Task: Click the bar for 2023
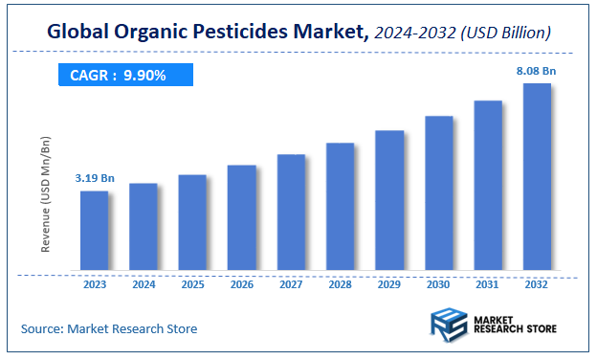94,230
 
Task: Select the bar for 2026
242,217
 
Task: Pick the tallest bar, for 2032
537,176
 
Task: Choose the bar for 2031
488,185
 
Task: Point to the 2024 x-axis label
144,283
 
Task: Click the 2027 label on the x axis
291,283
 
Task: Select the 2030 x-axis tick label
439,283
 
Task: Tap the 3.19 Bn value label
94,178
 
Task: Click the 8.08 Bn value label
536,70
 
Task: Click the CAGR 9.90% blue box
124,75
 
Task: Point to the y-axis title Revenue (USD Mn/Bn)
45,194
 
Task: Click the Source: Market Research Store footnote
109,328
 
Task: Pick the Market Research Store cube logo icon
448,325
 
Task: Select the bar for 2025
192,222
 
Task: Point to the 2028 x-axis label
341,283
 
